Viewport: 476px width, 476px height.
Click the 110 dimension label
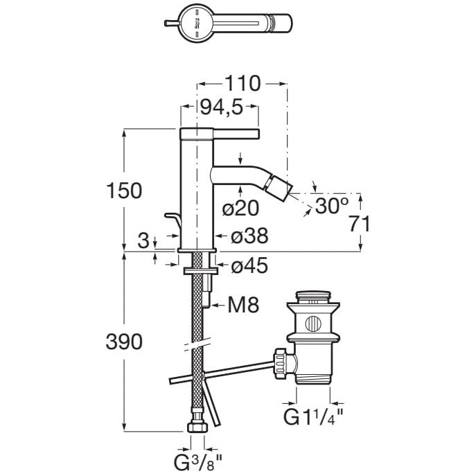pos(242,84)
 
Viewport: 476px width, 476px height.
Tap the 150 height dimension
pos(125,190)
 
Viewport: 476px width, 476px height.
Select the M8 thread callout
pos(241,304)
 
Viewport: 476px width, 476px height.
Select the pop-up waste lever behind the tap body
pos(172,223)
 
